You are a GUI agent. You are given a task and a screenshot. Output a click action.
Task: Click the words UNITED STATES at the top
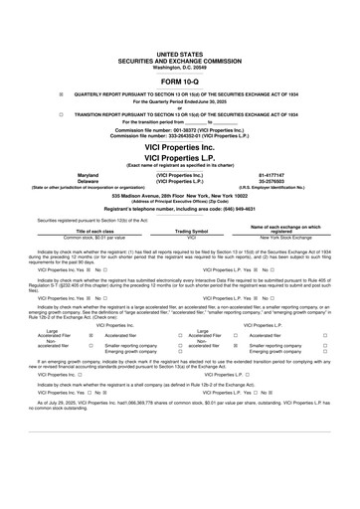point(179,61)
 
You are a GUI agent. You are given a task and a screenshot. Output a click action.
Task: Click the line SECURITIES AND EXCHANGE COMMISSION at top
point(179,67)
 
